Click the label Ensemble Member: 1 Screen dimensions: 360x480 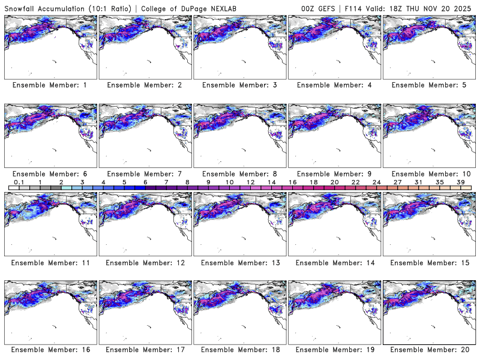coord(50,85)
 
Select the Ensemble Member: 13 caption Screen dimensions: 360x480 coord(239,262)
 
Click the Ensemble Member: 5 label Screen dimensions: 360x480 coord(429,85)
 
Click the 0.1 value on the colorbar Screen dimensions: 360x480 coord(19,182)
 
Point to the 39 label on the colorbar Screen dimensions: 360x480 coord(460,182)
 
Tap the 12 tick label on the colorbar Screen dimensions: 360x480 coord(250,182)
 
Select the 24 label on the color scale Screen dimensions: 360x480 coord(376,182)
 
